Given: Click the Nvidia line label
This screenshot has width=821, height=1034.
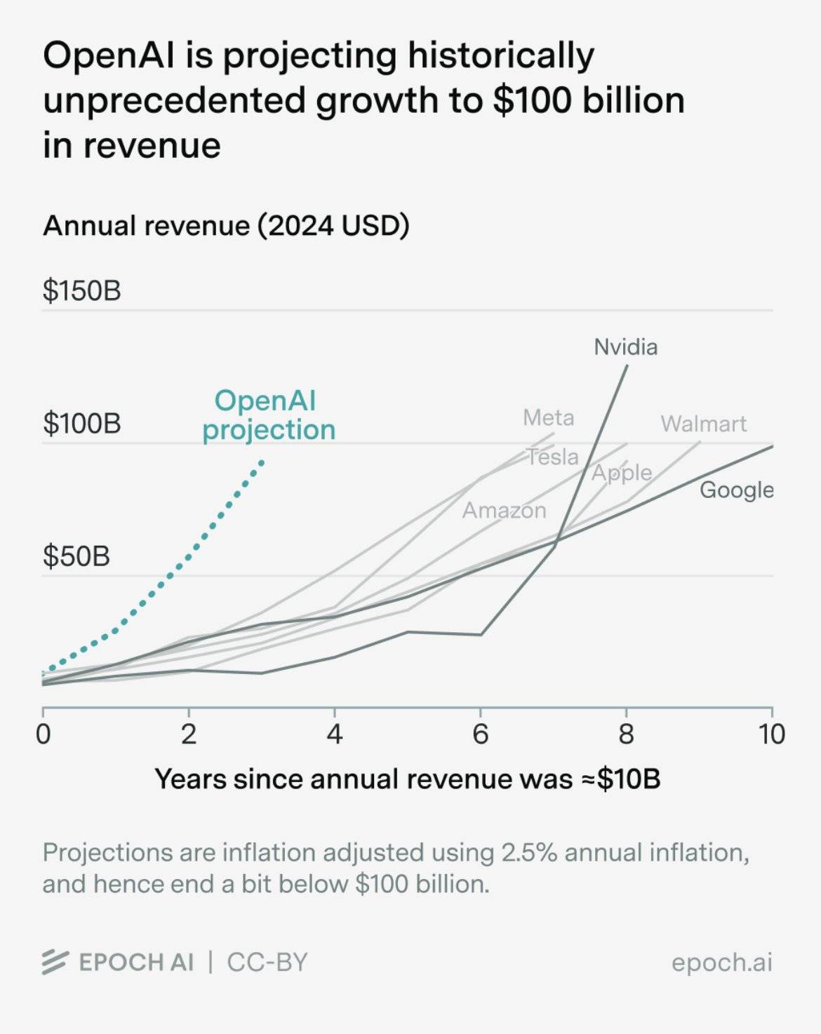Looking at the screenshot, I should coord(625,347).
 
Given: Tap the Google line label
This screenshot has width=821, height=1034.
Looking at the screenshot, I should coord(736,490).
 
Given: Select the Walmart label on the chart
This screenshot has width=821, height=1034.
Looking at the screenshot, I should coord(703,424).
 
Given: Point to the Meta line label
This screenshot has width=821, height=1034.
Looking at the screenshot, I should coord(548,418).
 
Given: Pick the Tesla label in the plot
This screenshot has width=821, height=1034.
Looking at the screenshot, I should coord(553,457).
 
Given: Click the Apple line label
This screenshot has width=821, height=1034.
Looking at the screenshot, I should coord(622,473).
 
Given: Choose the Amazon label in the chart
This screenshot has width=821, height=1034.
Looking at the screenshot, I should coord(504,510).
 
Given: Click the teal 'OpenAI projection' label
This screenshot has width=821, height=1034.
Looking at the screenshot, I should coord(267,415).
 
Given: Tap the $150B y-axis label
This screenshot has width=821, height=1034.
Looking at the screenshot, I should coord(81,290).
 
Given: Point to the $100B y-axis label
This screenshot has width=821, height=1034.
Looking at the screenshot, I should coord(81,424).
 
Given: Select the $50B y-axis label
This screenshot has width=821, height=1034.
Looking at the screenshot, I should coord(76,556).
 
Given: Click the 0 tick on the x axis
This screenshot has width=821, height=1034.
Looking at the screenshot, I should coord(43,734).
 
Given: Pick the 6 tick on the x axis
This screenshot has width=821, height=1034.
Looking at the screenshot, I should coord(480,734).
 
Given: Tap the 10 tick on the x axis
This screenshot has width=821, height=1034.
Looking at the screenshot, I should coord(771,734).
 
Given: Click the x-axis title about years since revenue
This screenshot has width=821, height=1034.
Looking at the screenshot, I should coord(407,779).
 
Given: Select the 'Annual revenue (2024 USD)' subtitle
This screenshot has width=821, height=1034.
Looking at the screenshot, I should coord(226,226).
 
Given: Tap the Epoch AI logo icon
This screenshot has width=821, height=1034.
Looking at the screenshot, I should coord(55,962).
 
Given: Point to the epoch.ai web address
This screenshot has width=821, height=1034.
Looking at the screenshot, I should coord(721,962).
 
